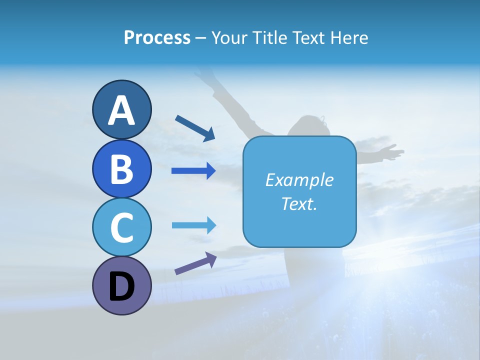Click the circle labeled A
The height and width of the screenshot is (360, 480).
tap(121, 109)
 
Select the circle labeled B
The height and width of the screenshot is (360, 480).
tap(121, 168)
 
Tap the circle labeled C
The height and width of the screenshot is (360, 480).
tap(121, 227)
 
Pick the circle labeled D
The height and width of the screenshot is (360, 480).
tap(121, 285)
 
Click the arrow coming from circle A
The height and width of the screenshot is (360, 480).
tap(194, 128)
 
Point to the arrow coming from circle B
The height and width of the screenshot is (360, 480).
tap(193, 171)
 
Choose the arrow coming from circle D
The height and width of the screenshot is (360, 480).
tap(195, 263)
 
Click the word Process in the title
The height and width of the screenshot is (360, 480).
tap(157, 37)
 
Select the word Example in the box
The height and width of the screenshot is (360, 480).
tap(299, 180)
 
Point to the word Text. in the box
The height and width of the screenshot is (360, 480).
tap(299, 203)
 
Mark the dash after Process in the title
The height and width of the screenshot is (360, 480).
tap(201, 38)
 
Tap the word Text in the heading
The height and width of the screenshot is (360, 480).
tap(309, 37)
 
